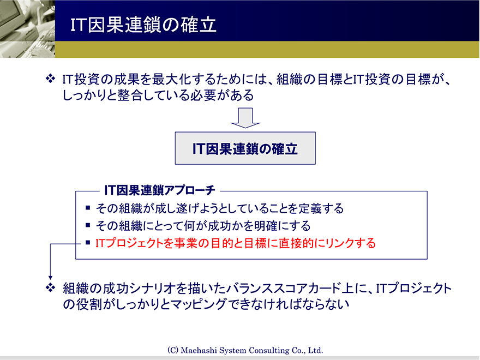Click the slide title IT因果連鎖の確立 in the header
143,25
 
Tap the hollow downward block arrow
245,118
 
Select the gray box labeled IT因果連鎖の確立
245,148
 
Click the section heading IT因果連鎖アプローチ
159,190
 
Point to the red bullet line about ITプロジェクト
236,243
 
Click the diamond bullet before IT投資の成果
50,79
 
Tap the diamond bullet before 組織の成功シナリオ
50,287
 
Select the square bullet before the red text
88,243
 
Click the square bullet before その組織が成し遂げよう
88,208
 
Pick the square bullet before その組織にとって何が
88,225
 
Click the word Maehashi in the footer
197,350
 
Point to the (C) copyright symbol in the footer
173,350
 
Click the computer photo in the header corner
28,29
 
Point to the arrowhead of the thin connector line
51,278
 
